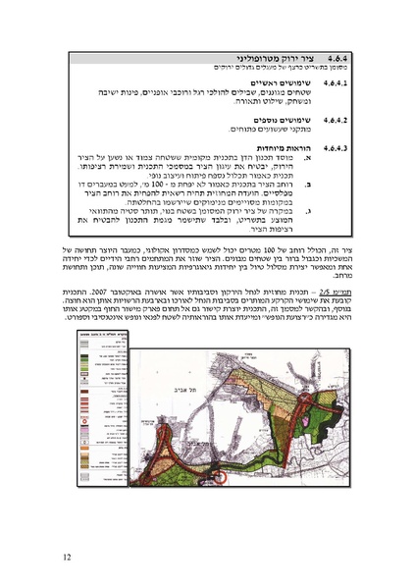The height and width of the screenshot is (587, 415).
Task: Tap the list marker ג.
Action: pyautogui.click(x=311, y=209)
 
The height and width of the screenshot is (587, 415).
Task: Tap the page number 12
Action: pyautogui.click(x=65, y=558)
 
